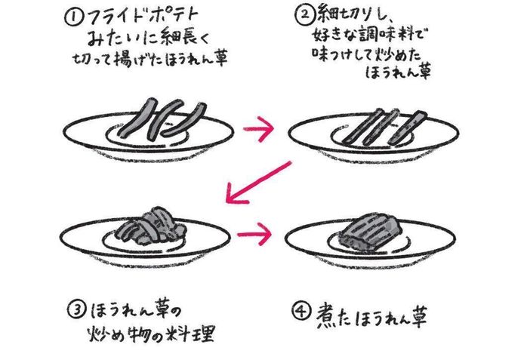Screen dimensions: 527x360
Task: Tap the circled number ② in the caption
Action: [x=304, y=14]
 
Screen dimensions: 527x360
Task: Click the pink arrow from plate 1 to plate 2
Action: [x=257, y=129]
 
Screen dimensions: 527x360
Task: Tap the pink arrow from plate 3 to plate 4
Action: [x=254, y=234]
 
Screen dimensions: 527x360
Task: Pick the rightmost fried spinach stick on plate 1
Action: [x=184, y=119]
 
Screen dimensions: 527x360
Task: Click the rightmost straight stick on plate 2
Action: [x=408, y=128]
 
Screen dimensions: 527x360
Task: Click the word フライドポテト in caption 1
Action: [x=143, y=17]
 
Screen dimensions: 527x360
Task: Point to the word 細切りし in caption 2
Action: [x=353, y=15]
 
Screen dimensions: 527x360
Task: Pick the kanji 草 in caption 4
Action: [x=417, y=315]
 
